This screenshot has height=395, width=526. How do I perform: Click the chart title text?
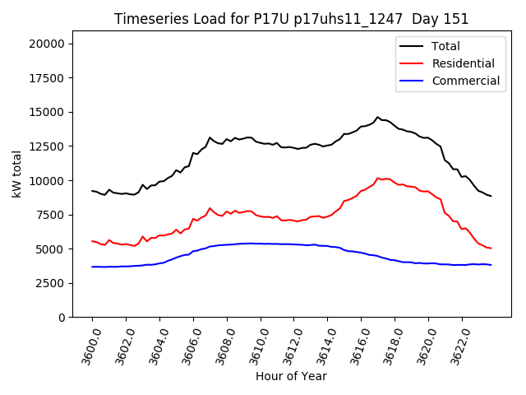coord(290,19)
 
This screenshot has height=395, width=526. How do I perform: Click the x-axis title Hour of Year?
coord(291,376)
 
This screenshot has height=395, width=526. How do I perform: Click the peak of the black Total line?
coord(378,118)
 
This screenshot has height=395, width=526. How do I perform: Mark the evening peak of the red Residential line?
coord(378,178)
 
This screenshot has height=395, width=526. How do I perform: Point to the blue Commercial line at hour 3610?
coord(261,244)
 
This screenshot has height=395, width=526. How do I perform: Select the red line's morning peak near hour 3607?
coord(210,208)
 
